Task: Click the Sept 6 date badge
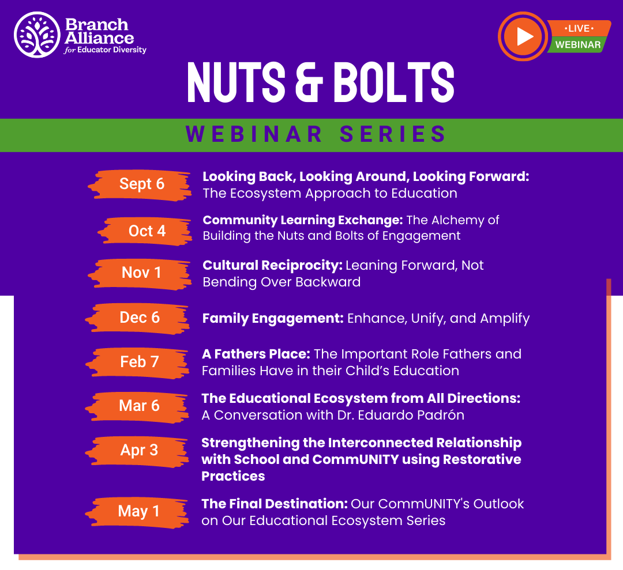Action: point(141,184)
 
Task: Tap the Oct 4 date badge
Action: point(147,231)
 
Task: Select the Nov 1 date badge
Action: point(141,273)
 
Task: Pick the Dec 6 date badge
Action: point(140,318)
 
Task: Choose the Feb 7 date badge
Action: point(140,362)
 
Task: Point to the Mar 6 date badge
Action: point(139,406)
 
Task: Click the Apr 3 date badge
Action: point(139,450)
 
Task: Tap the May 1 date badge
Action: point(138,511)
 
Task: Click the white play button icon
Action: point(524,36)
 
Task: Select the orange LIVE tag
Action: point(579,28)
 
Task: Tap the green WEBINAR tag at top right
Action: point(577,45)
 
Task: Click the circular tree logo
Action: point(37,35)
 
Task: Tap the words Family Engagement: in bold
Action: point(272,318)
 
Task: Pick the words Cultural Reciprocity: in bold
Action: point(272,265)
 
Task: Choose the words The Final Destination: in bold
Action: point(274,504)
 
